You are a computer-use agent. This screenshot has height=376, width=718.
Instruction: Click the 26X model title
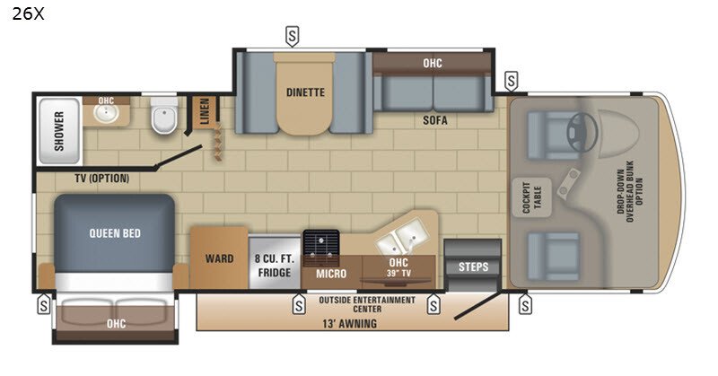[x=28, y=14]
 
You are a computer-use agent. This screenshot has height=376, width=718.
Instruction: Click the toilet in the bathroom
[x=164, y=116]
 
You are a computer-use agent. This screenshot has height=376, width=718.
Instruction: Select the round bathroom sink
[x=106, y=113]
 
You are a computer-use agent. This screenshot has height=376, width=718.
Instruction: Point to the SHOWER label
[x=59, y=131]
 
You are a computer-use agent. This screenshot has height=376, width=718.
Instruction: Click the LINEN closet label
[x=205, y=111]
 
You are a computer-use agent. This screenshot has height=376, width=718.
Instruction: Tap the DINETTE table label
[x=305, y=92]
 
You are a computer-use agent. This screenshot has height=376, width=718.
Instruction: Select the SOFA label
[x=435, y=120]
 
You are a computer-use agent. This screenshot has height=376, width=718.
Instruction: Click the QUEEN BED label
[x=115, y=233]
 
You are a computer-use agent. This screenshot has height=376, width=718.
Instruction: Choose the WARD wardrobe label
[x=219, y=258]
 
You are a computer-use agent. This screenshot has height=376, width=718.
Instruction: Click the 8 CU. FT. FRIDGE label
[x=275, y=266]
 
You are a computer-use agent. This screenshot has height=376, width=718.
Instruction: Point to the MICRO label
[x=331, y=274]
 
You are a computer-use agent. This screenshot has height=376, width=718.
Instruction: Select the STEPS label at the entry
[x=474, y=267]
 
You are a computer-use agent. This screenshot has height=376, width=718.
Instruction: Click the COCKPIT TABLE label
[x=531, y=197]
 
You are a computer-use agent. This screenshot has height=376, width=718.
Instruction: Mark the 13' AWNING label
[x=350, y=324]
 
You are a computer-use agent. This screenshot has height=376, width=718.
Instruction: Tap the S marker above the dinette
[x=293, y=36]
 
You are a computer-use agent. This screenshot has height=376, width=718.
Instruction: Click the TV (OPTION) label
[x=101, y=179]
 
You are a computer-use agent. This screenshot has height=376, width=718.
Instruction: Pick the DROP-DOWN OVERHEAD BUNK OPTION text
[x=630, y=191]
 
